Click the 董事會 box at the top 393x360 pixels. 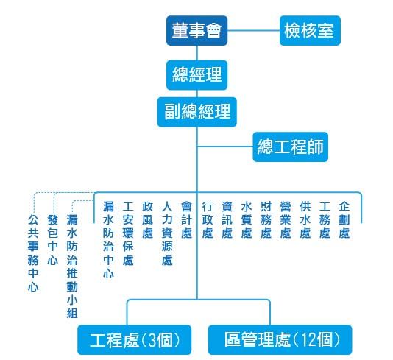coord(196,31)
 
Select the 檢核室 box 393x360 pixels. coord(310,31)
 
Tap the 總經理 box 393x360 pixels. coord(196,75)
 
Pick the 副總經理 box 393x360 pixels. coord(197,112)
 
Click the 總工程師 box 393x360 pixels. coord(290,147)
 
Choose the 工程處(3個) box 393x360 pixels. coord(135,339)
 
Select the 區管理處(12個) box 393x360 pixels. coord(280,339)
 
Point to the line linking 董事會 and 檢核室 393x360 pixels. coord(253,31)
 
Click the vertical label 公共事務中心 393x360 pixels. coord(33,253)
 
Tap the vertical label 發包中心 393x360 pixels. coord(53,240)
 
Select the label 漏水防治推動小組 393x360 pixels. coord(72,267)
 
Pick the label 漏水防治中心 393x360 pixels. coord(108,240)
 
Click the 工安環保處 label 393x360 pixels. coord(128,233)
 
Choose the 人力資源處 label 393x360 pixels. coord(167,233)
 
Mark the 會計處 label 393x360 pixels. coord(186,220)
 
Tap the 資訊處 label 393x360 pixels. coord(227,220)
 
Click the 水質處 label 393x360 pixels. coord(247,220)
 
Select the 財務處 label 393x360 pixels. coord(266,220)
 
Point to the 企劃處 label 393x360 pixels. coord(344,220)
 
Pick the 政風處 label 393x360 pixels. coord(147,220)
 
